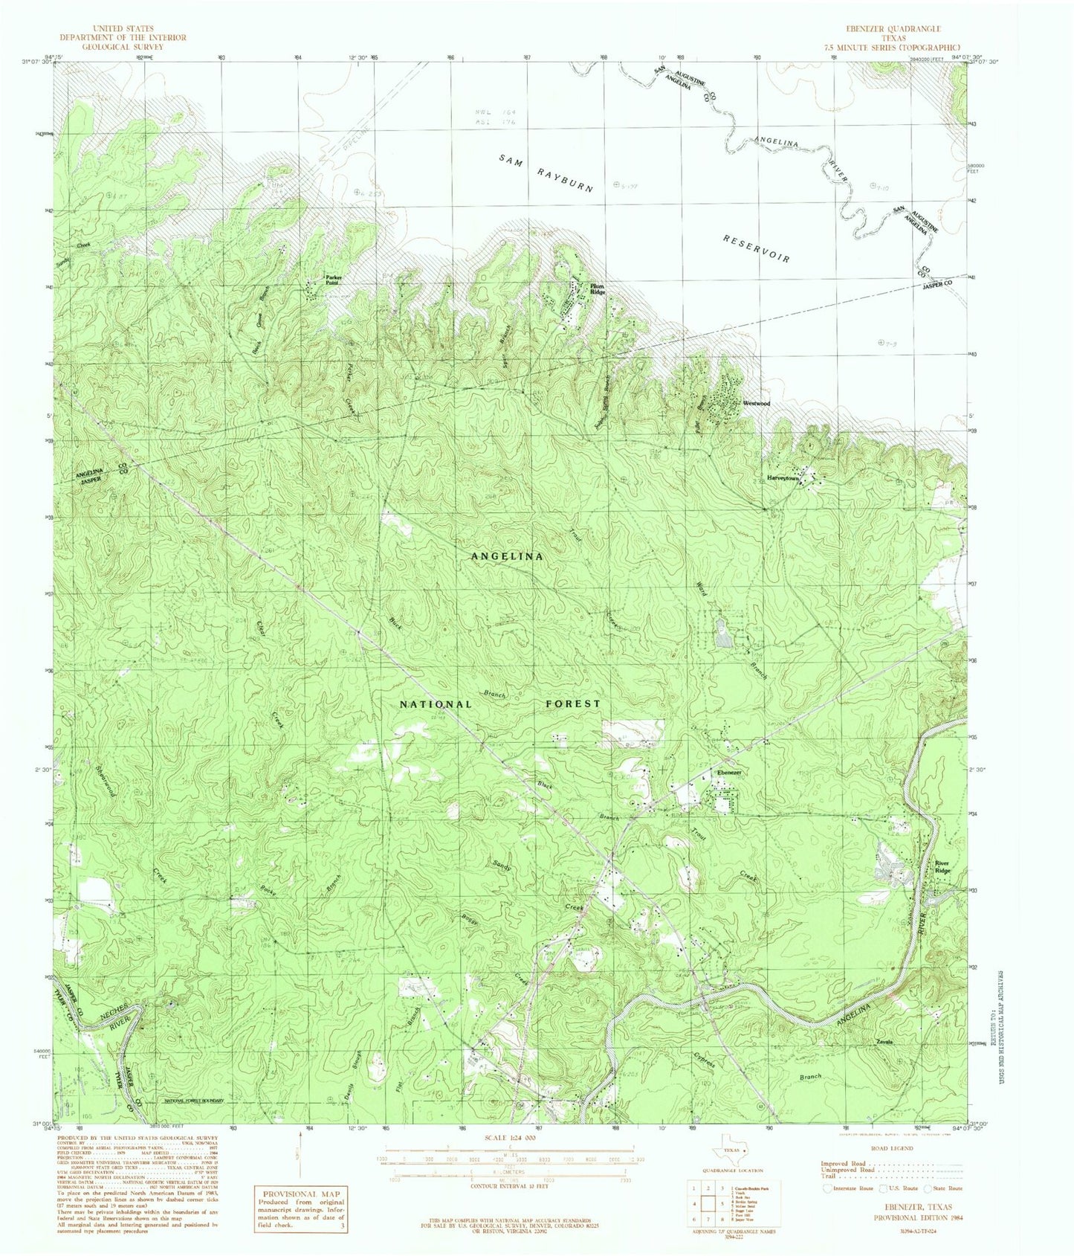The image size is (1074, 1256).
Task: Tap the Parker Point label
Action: (332, 280)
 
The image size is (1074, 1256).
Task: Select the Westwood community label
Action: (755, 403)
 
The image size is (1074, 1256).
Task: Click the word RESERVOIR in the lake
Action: (756, 248)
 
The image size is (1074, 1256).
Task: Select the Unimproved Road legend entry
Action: (847, 1170)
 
